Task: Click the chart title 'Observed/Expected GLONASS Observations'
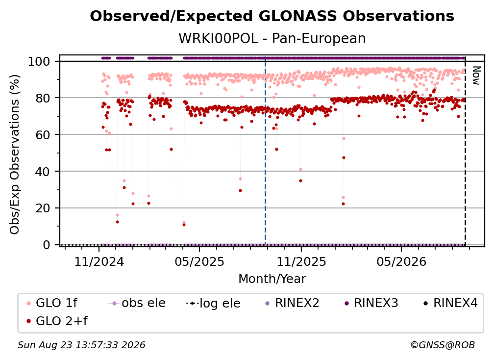272,16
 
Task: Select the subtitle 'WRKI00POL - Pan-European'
272,39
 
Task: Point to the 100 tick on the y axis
39,61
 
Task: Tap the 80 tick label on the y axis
43,98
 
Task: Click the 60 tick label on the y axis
43,134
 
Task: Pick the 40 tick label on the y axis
43,172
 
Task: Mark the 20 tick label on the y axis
43,208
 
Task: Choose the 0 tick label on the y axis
47,245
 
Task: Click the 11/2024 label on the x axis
99,261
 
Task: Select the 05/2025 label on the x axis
199,261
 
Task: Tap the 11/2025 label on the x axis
301,261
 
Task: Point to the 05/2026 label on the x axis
401,261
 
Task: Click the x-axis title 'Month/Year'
272,279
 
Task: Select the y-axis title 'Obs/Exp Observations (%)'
15,154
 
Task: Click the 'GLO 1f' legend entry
52,303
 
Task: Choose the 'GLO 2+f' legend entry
57,321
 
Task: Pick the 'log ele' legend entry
213,303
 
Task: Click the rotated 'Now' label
476,76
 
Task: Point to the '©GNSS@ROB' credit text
443,345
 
